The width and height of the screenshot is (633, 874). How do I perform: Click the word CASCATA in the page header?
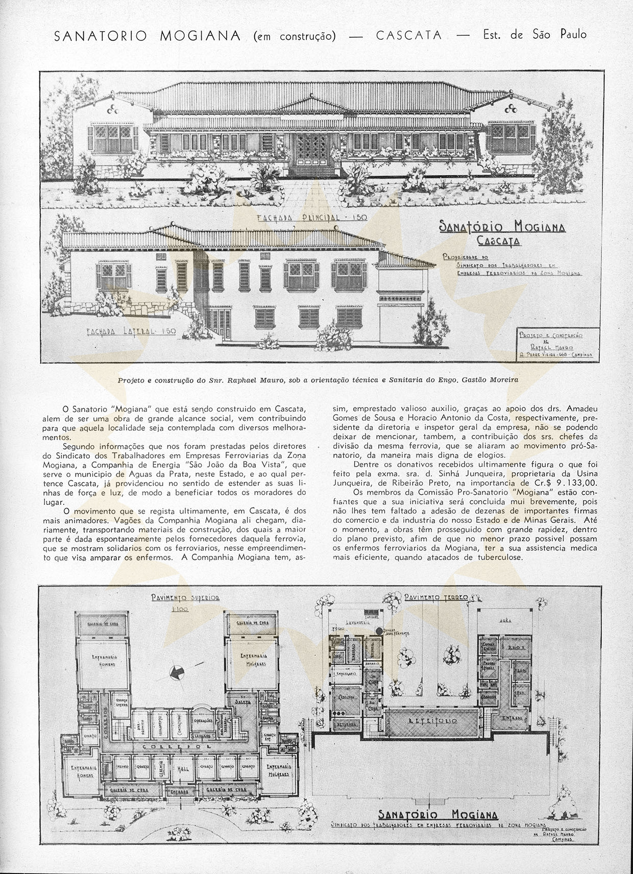tap(409, 35)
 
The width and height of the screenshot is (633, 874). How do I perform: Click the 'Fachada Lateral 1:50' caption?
tap(131, 331)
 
